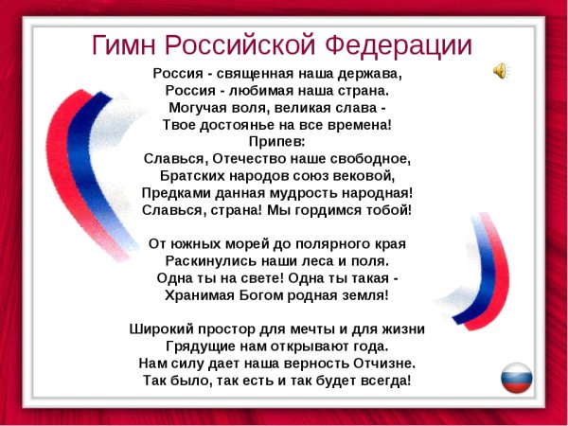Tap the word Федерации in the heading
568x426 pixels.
(x=399, y=45)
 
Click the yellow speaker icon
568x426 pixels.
(x=500, y=70)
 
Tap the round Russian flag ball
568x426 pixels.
(x=516, y=378)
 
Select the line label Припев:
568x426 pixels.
(x=276, y=141)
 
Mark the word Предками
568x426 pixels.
(x=175, y=192)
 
